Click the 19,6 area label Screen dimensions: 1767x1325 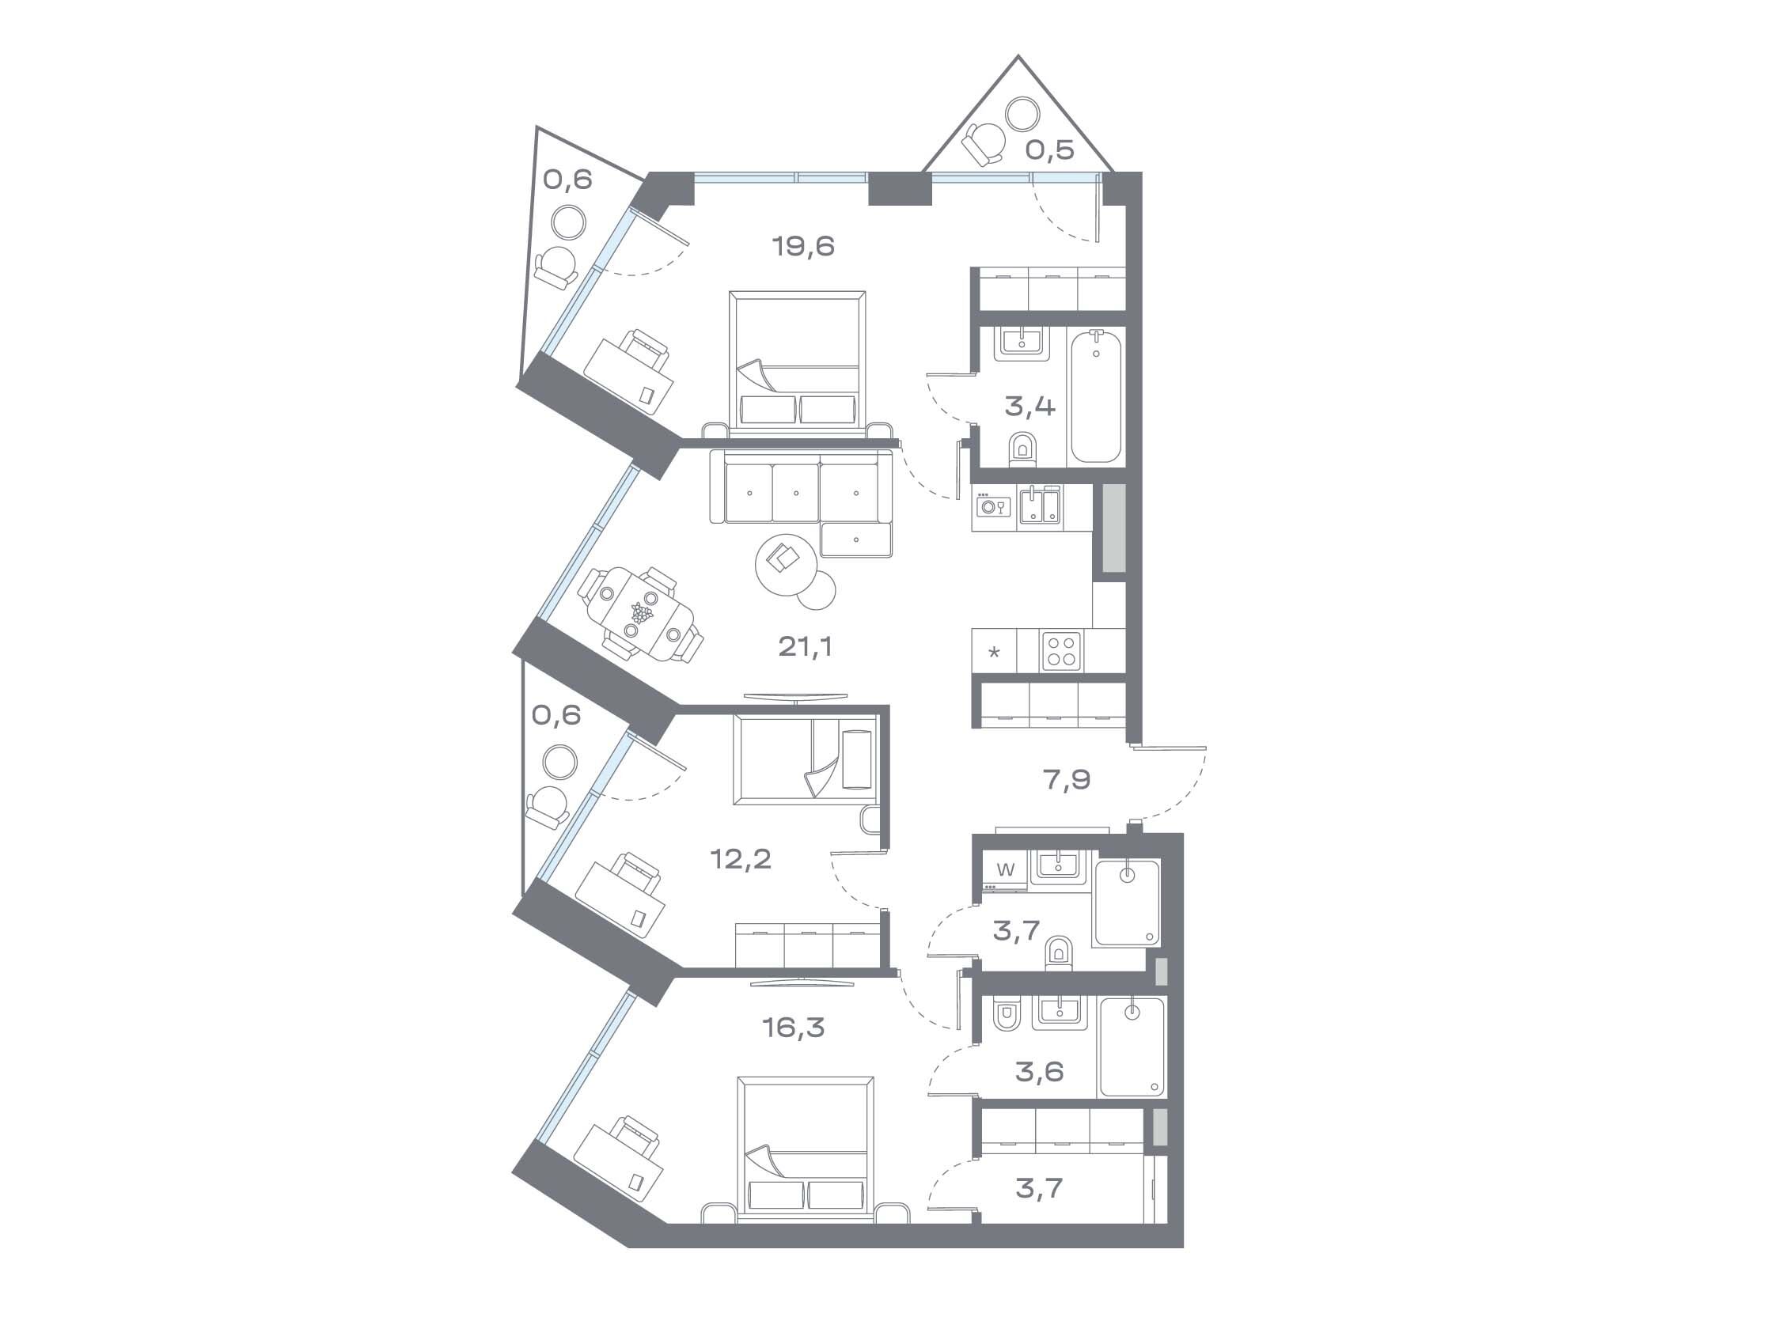804,246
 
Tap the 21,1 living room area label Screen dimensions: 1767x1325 806,646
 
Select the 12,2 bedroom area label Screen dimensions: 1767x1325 741,859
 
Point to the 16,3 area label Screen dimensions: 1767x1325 793,1027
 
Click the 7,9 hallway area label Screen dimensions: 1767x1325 1067,779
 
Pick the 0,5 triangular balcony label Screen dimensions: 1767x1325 1049,150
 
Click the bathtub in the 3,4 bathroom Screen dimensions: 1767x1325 1096,396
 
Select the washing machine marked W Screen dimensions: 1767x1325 1006,871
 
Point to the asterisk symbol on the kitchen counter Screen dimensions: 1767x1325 994,653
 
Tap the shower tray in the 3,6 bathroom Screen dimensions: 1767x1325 1132,1047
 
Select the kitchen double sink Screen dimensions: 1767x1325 1040,505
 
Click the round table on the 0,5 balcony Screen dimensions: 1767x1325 1022,112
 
